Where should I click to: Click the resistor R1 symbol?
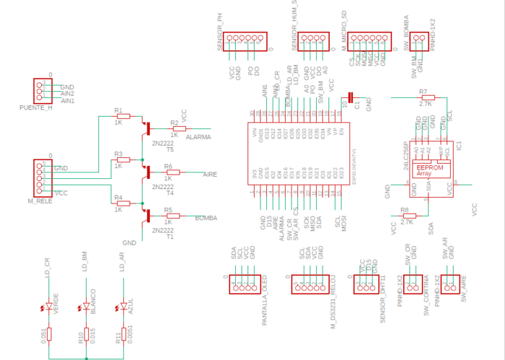123,116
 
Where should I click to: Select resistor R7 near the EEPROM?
427,97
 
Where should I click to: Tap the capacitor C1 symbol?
351,96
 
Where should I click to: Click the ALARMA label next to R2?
198,136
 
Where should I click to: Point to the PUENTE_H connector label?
36,107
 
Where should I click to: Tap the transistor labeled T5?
147,129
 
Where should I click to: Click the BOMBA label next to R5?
206,217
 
